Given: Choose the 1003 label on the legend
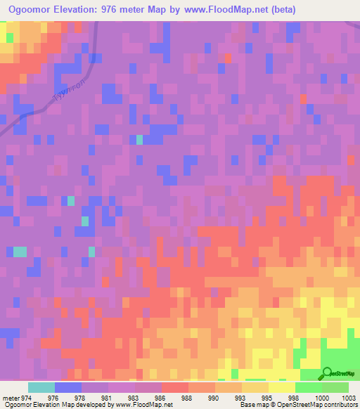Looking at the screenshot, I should click(349, 397).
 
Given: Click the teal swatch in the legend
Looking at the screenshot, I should click(41, 387).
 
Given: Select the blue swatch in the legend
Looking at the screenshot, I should click(67, 387).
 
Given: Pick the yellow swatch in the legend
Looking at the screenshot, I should click(281, 387).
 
